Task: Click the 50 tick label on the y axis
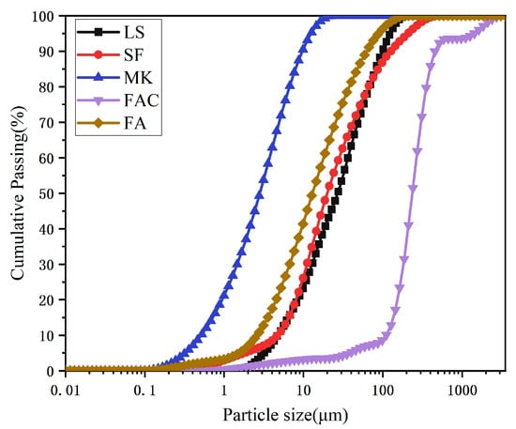coord(45,194)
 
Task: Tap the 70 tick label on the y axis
coord(45,123)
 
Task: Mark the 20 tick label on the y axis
coord(45,300)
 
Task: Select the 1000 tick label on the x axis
coord(461,388)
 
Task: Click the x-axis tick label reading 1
coord(223,388)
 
